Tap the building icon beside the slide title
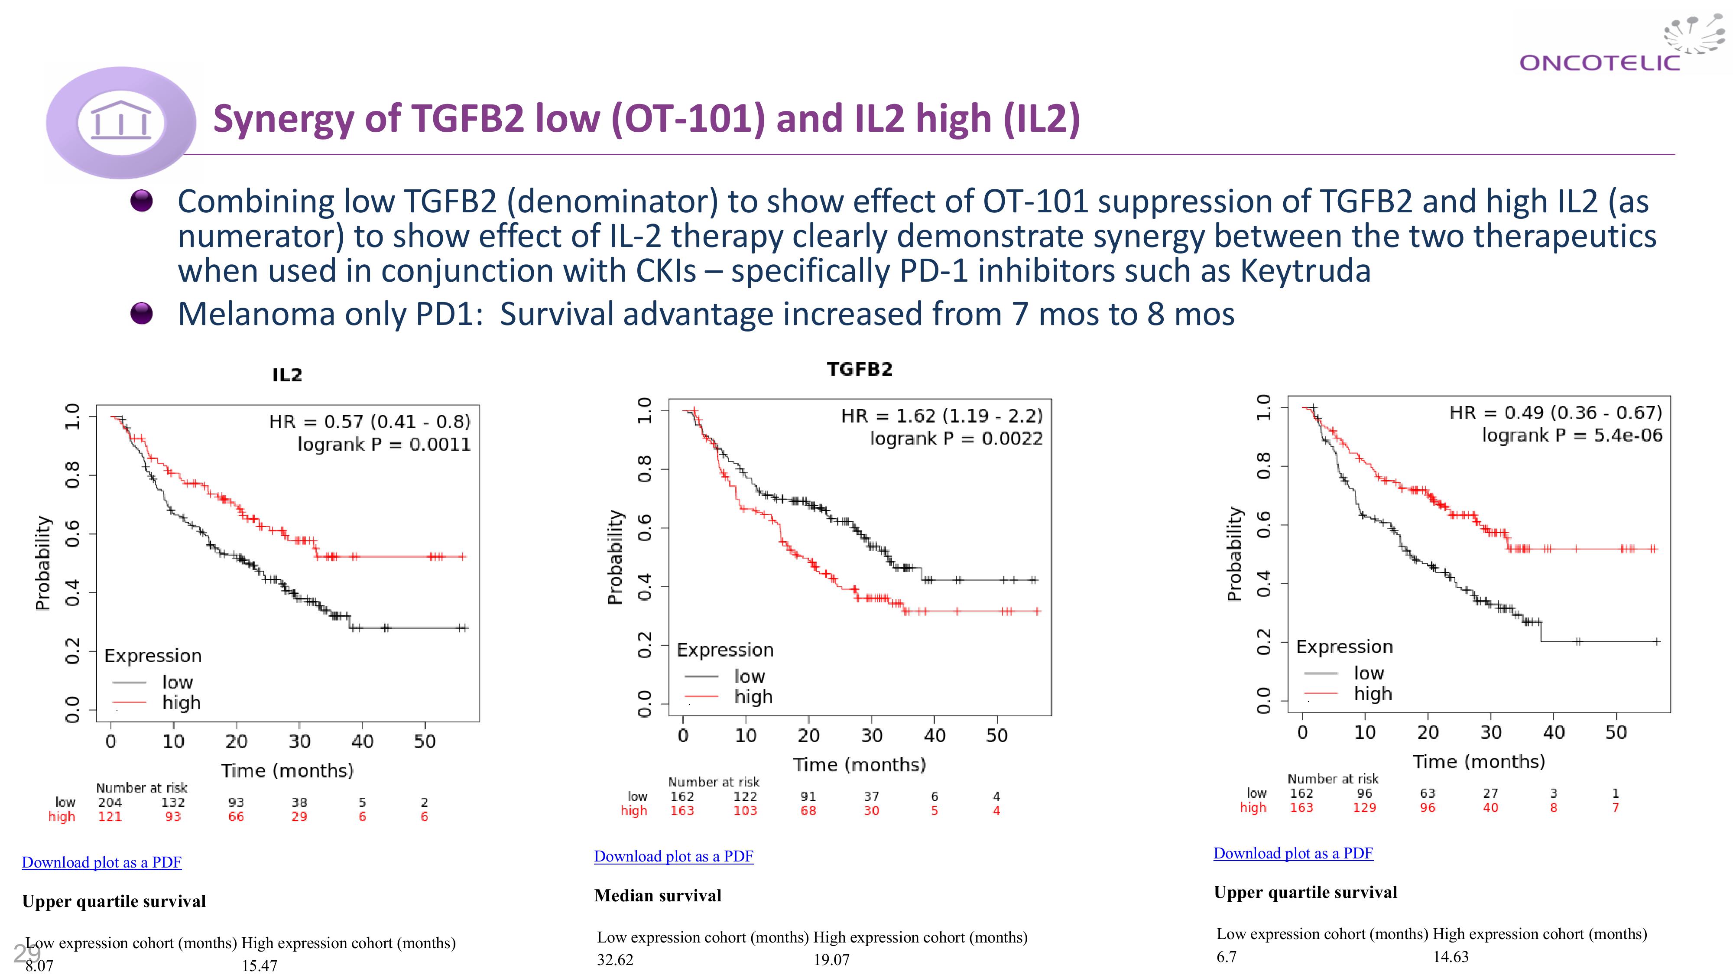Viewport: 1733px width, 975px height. pos(121,121)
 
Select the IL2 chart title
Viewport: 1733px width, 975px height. pos(287,375)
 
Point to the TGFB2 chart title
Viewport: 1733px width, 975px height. pos(859,369)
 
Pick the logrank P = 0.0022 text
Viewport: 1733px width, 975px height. pos(955,439)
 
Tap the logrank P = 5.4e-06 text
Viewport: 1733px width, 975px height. pos(1571,435)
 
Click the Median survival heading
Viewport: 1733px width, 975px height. pos(657,896)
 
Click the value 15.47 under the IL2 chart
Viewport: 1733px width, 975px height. pos(260,965)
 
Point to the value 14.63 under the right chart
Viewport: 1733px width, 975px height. pos(1451,957)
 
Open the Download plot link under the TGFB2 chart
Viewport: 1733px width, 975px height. pos(673,857)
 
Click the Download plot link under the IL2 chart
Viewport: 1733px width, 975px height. pos(101,863)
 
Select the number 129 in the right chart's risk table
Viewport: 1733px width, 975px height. pos(1364,807)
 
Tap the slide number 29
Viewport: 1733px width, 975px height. pos(26,953)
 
